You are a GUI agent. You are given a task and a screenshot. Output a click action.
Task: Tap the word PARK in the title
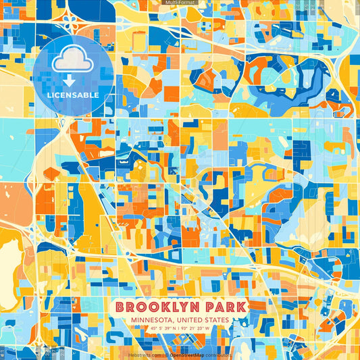[223, 307]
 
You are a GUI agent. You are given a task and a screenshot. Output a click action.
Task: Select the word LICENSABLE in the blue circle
[72, 95]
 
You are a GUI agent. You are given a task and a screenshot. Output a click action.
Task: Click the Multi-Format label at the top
[180, 3]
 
